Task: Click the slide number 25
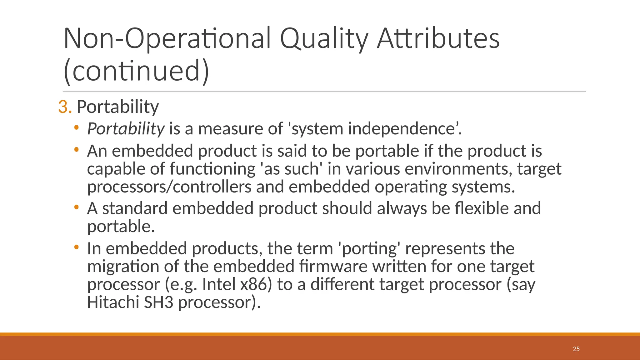(x=576, y=349)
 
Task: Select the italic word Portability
(x=126, y=129)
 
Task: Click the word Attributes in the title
(x=438, y=39)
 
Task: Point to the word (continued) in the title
(x=136, y=71)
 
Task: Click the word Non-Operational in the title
(x=167, y=39)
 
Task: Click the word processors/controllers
(x=169, y=187)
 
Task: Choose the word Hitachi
(x=113, y=302)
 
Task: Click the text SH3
(x=158, y=302)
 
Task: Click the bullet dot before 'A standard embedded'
(x=76, y=207)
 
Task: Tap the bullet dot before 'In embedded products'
(x=76, y=247)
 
